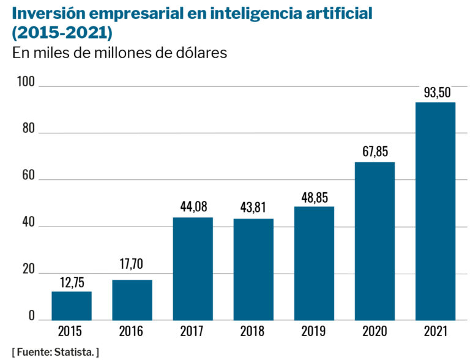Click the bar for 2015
72,306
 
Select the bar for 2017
193,269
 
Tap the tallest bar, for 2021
435,211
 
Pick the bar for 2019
314,263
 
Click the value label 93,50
435,92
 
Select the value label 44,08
193,208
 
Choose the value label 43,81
253,208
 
